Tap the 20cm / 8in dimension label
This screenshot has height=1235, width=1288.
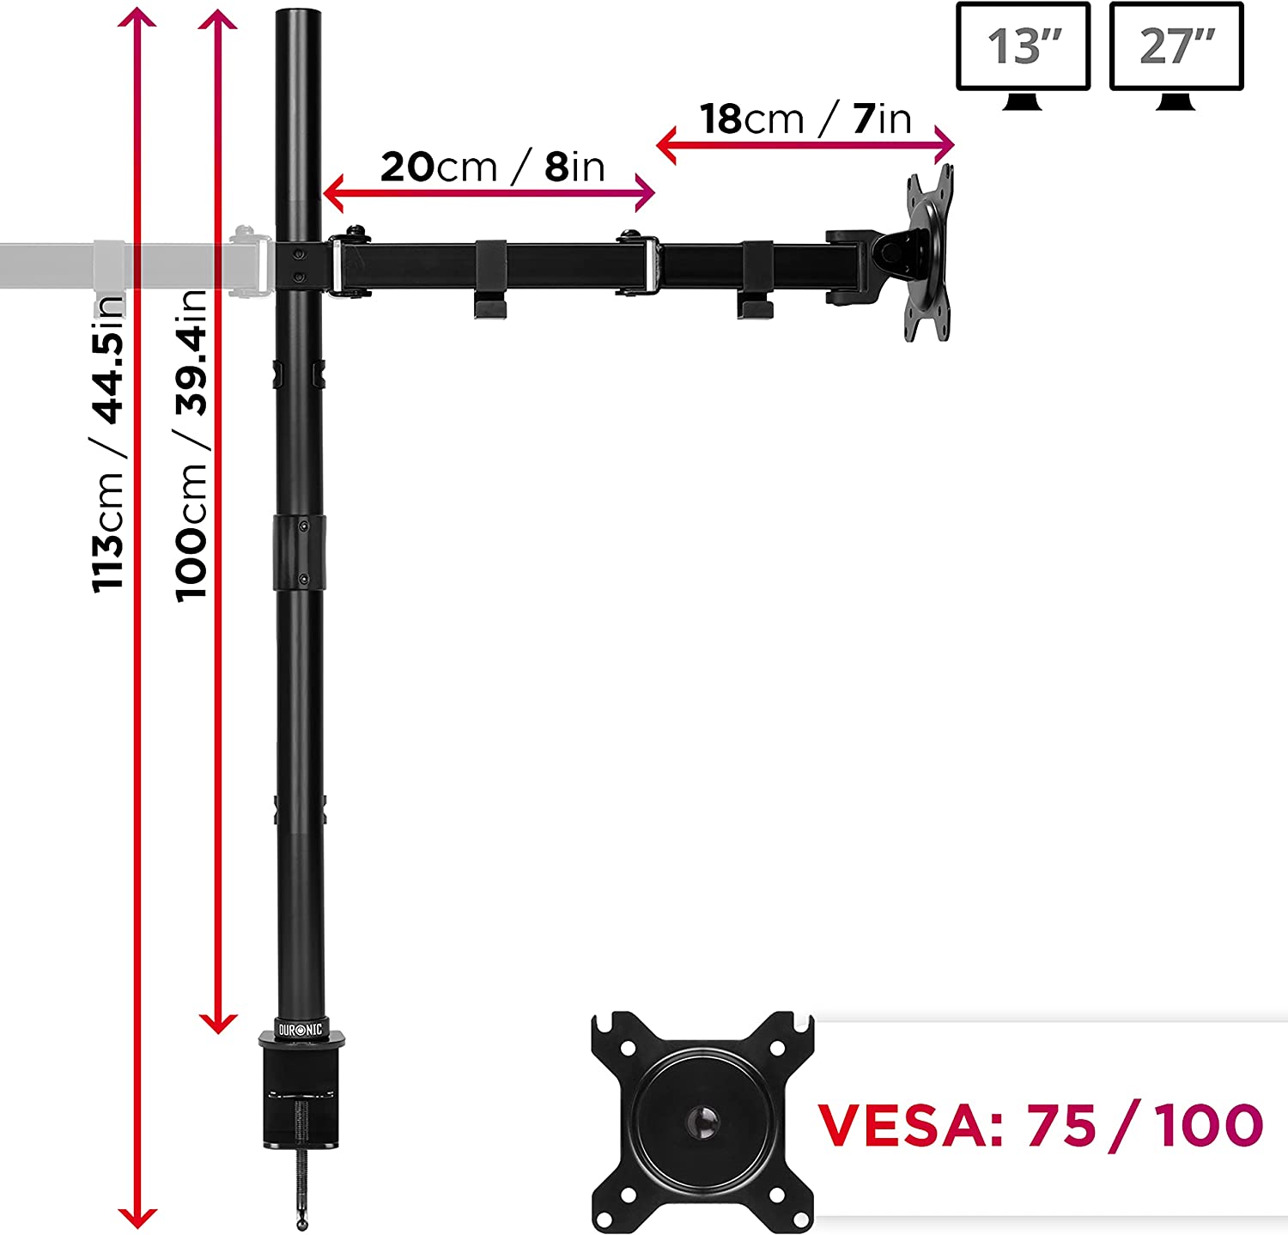point(493,167)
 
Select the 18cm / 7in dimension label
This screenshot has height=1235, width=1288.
point(805,119)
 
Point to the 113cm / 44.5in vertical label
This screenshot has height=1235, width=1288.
point(110,442)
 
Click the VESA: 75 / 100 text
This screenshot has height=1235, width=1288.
point(1040,1125)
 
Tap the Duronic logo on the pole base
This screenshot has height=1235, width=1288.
point(301,1029)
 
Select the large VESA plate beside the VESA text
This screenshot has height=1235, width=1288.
point(702,1122)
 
